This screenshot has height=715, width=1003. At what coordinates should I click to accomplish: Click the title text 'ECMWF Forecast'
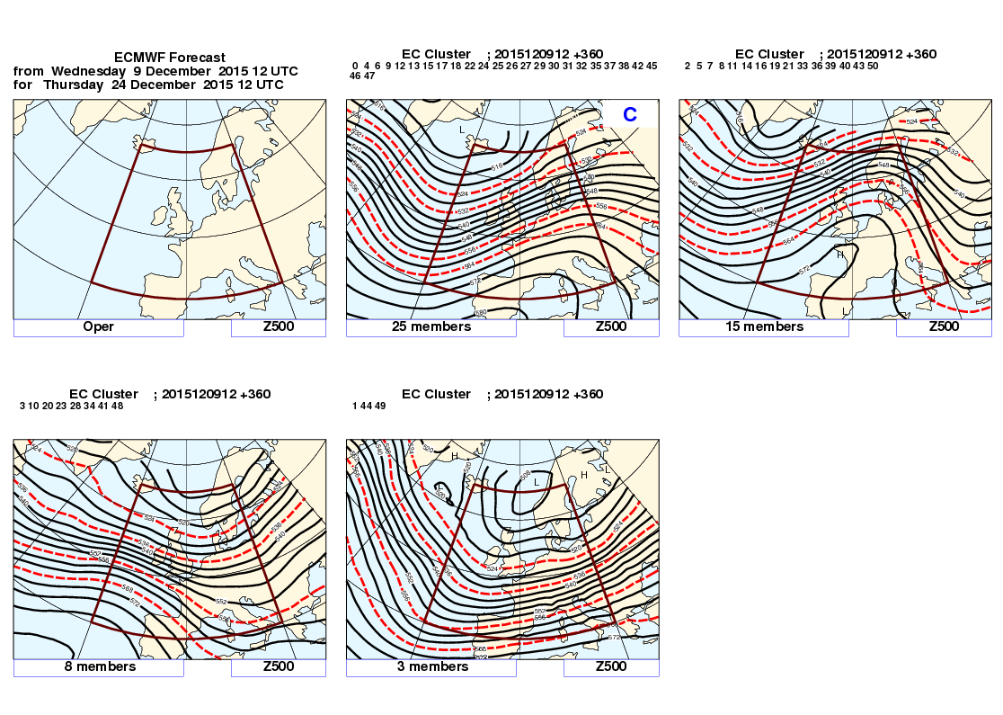click(170, 58)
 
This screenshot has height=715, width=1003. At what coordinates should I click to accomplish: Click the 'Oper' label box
click(99, 327)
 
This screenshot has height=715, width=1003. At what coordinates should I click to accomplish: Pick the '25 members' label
click(431, 327)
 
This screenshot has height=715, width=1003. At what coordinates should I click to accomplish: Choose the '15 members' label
click(764, 327)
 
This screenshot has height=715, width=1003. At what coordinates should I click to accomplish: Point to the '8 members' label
click(99, 667)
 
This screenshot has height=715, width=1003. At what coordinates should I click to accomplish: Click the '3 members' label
click(431, 667)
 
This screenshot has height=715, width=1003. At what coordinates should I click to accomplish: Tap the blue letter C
click(630, 114)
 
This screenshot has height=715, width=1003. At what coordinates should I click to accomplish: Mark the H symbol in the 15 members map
click(841, 255)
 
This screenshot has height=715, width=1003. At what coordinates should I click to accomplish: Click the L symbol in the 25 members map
click(463, 130)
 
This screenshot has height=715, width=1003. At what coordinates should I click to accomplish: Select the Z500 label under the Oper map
click(279, 327)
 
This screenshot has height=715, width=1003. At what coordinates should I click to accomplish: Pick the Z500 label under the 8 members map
click(279, 667)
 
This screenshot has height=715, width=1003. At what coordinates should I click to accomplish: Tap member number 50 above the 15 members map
click(873, 66)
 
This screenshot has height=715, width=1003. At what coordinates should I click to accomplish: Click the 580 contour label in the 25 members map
click(482, 312)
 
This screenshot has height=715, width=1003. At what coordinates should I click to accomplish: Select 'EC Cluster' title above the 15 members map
click(769, 54)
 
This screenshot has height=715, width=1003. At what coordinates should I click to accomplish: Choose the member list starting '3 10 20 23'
click(71, 407)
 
